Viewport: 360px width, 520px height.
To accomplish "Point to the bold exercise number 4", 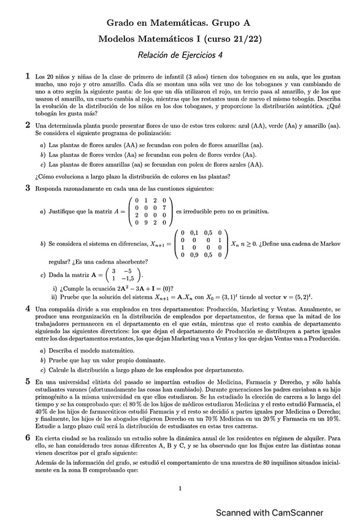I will click(x=28, y=308).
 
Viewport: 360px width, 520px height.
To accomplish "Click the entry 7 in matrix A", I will click(x=166, y=207).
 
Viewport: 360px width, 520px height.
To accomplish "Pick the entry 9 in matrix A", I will click(x=144, y=224).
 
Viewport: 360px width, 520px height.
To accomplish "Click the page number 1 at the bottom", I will click(x=180, y=489).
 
